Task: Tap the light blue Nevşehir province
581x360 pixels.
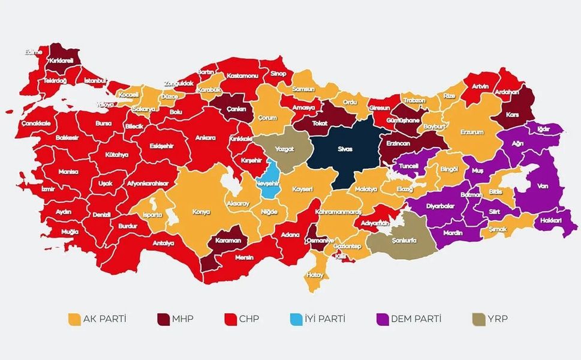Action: (x=271, y=180)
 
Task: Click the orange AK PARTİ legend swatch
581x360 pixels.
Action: (x=75, y=319)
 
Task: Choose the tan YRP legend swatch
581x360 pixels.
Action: (x=478, y=319)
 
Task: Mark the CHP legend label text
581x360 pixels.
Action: (x=249, y=319)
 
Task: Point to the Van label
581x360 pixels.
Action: (x=543, y=186)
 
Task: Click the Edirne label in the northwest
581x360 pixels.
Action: (x=34, y=52)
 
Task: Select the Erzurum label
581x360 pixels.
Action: (x=471, y=132)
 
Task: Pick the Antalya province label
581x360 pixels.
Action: (x=162, y=243)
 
